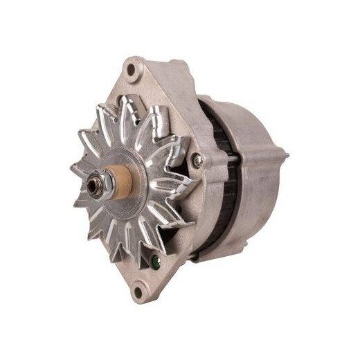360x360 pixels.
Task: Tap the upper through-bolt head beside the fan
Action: coord(199,161)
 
